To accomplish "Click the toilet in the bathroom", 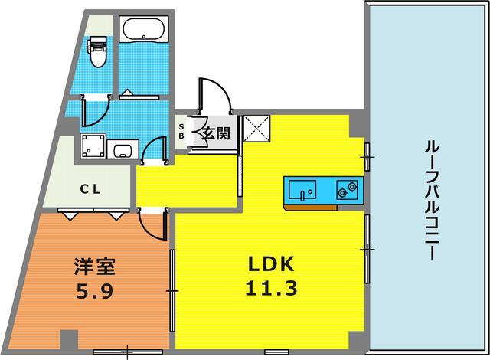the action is (x=98, y=51).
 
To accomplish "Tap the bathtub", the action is (x=143, y=29).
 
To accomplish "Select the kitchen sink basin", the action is (x=302, y=190).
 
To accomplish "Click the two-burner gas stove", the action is (x=347, y=190).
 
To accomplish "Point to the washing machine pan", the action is (x=93, y=146).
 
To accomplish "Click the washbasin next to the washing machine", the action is (x=122, y=149).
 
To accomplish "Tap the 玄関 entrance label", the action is (x=216, y=133).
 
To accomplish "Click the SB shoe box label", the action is (x=181, y=131).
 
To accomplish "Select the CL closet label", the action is (x=90, y=189).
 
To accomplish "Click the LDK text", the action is (x=271, y=264).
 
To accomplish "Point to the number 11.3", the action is (x=271, y=288).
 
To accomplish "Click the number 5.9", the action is (x=95, y=292).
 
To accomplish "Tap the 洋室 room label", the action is (x=95, y=267).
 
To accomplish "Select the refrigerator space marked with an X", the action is (x=256, y=128).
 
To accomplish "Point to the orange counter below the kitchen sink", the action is (x=310, y=207).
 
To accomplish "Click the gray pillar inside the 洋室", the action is (x=69, y=339).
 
